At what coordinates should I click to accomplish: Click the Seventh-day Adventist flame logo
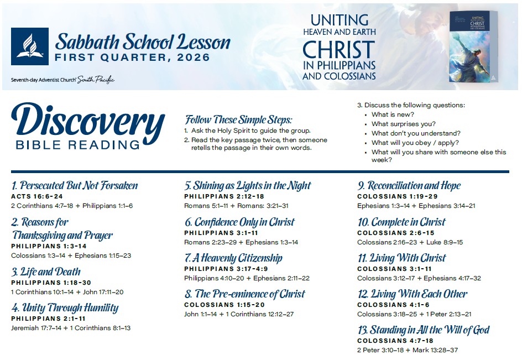[30, 46]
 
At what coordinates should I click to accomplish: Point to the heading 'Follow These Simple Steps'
[238, 120]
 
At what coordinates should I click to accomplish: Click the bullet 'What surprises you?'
[403, 124]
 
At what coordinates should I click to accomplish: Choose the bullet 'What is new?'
[393, 114]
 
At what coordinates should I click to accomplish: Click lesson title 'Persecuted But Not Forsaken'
[75, 186]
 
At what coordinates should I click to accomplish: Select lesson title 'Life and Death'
[46, 272]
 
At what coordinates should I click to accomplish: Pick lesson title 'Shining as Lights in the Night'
[248, 186]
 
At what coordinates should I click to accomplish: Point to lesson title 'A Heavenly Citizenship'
[233, 258]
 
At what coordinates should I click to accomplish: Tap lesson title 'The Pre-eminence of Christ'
[244, 294]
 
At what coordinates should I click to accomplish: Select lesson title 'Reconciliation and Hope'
[409, 186]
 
